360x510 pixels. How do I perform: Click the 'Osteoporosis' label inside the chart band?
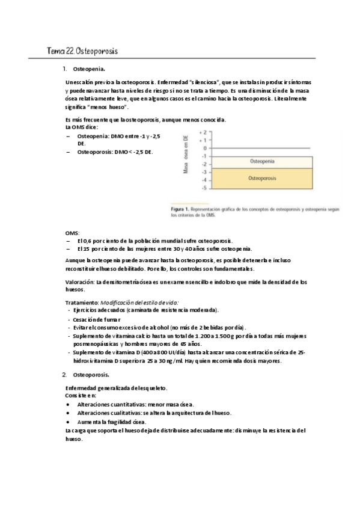click(262, 178)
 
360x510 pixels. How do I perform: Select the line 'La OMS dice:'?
click(81, 127)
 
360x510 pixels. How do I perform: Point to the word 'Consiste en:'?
click(80, 396)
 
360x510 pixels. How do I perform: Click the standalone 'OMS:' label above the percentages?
click(72, 232)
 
